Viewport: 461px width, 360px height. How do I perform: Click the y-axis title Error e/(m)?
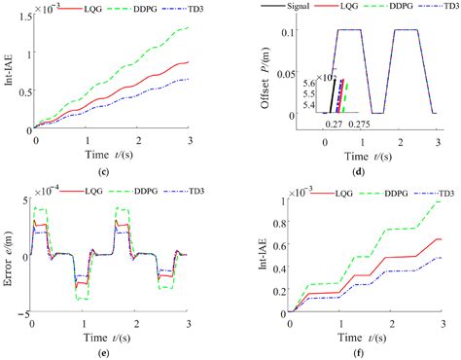[x=9, y=259]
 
